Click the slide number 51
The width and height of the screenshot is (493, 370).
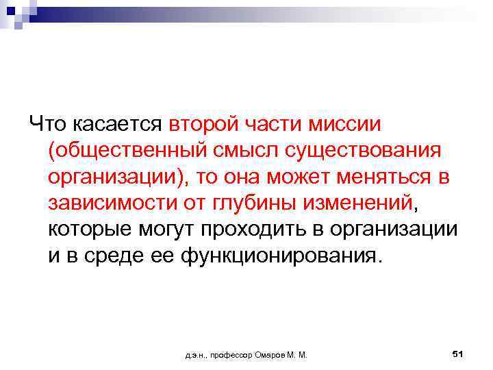click(458, 354)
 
